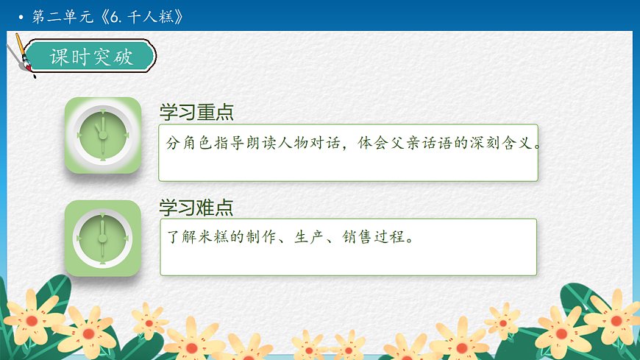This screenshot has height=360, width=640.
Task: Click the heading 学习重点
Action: [196, 113]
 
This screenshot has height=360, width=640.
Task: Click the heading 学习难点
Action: [196, 208]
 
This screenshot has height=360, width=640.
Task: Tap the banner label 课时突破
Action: [91, 57]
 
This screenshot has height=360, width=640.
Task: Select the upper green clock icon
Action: [102, 135]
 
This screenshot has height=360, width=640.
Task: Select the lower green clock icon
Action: [102, 238]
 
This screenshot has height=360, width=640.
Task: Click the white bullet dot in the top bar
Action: [21, 17]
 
